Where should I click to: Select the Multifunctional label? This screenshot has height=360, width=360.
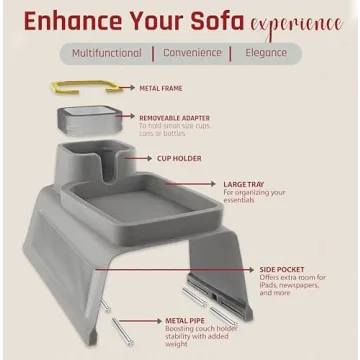(x=106, y=52)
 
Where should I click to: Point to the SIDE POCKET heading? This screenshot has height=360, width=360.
(x=281, y=269)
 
